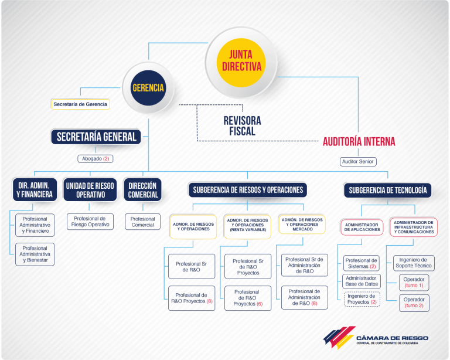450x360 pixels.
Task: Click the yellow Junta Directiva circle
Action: click(241, 63)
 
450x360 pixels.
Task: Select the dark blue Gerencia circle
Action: click(148, 88)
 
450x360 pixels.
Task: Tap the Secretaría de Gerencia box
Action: click(80, 104)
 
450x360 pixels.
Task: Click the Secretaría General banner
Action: click(96, 137)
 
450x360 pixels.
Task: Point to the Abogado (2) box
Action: click(96, 159)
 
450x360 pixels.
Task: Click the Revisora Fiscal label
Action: click(242, 125)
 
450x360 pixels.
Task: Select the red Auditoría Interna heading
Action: click(359, 141)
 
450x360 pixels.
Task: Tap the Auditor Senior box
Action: click(358, 162)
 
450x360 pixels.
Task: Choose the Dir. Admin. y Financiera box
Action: click(35, 190)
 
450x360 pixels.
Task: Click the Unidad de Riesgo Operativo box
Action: click(90, 190)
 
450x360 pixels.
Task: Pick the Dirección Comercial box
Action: click(142, 190)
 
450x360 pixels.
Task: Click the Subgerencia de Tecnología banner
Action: click(387, 190)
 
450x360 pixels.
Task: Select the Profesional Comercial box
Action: click(142, 222)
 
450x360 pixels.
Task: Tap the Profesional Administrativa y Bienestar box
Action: click(35, 254)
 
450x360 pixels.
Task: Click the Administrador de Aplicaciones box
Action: click(362, 227)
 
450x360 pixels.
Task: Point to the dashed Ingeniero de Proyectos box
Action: click(362, 299)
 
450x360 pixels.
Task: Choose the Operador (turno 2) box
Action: click(414, 303)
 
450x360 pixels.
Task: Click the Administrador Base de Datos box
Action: click(362, 281)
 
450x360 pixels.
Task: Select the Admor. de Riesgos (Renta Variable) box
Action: click(247, 226)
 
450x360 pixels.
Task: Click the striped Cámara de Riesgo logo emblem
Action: click(339, 337)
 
